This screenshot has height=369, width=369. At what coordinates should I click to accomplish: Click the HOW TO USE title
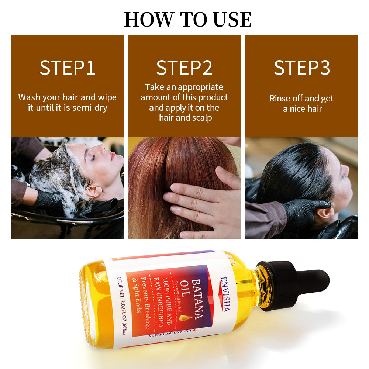click(x=188, y=20)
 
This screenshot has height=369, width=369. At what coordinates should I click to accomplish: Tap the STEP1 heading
click(x=68, y=68)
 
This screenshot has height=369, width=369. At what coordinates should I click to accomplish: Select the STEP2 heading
click(x=184, y=68)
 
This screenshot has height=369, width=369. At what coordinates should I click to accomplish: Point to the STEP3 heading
click(x=301, y=68)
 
